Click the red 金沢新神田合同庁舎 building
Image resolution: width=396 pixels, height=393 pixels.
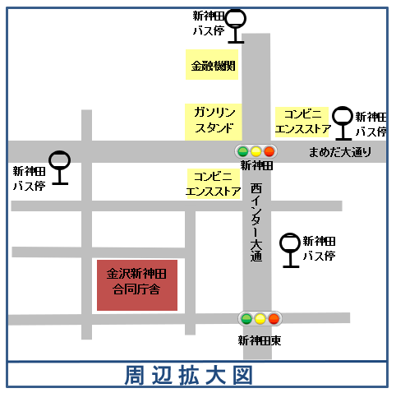(x=137, y=284)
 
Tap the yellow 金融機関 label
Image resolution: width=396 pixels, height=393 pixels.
(x=212, y=65)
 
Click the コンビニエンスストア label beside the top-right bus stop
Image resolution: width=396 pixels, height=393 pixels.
(x=302, y=122)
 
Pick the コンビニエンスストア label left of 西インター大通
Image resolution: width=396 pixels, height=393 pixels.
(x=214, y=185)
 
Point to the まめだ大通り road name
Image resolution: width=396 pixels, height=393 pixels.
(x=339, y=152)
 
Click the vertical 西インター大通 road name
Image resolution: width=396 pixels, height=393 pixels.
(x=256, y=222)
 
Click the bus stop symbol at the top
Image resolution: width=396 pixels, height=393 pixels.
(x=236, y=24)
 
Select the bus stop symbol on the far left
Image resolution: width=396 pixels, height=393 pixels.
(x=59, y=166)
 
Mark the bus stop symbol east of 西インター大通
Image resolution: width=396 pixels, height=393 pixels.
(x=290, y=249)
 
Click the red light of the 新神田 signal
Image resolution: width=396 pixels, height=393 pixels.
(x=269, y=151)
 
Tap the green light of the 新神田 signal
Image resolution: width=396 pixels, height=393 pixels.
(x=242, y=151)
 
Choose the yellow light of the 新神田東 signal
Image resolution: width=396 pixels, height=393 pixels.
(x=260, y=318)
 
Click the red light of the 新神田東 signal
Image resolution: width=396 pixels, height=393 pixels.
(x=273, y=318)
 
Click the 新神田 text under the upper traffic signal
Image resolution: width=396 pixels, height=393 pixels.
(x=256, y=165)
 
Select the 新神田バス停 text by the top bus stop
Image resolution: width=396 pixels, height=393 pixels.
(x=208, y=24)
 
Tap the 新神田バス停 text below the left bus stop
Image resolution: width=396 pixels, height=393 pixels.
(x=29, y=179)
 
